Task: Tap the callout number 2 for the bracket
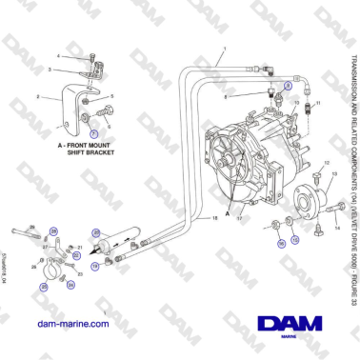click(37, 97)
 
